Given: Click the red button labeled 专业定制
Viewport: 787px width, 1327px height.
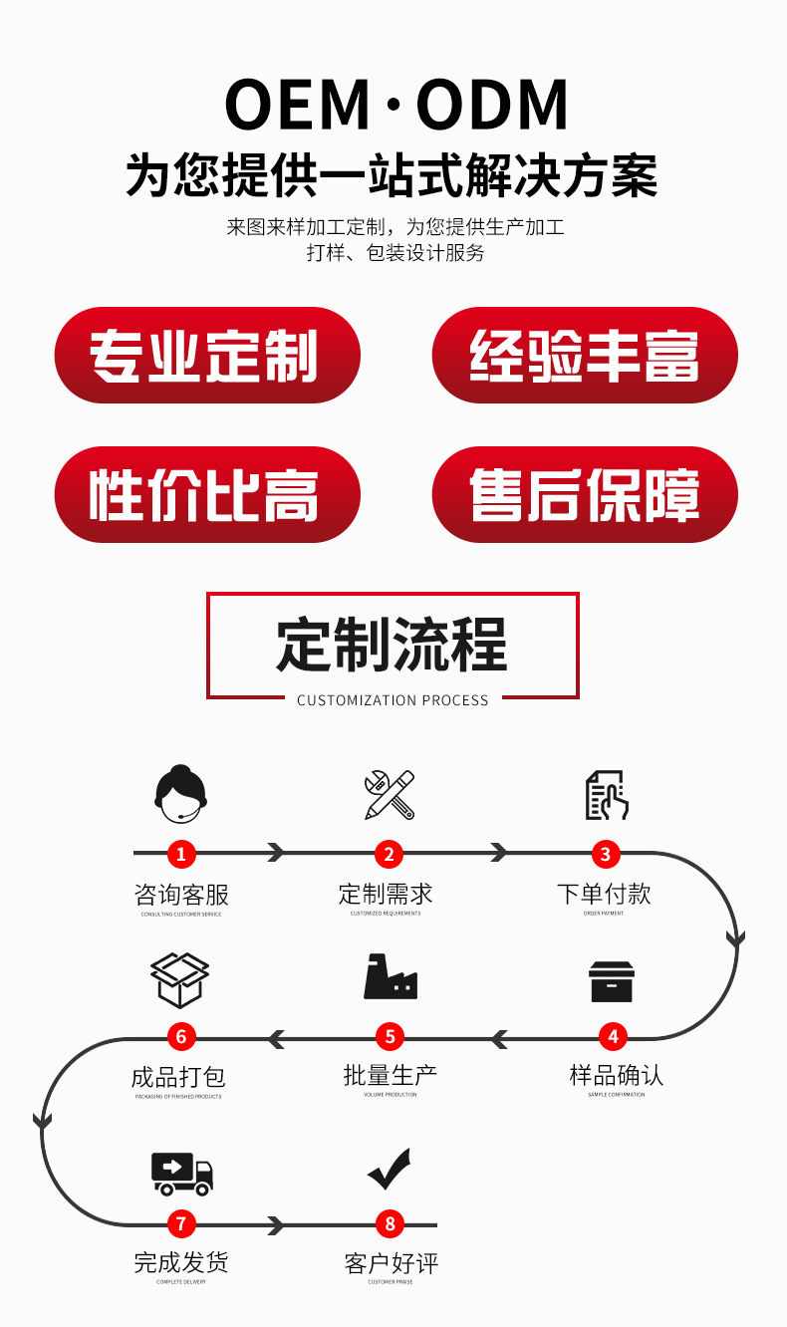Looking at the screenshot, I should click(206, 356).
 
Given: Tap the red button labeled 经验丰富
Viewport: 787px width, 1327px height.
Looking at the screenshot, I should click(585, 356).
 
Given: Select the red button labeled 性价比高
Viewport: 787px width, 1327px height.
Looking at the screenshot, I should click(206, 495).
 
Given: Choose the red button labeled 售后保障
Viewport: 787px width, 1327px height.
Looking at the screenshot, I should click(585, 495).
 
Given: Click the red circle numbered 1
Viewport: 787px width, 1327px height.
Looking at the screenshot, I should click(180, 853).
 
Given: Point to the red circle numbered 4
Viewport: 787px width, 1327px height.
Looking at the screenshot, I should click(613, 1037).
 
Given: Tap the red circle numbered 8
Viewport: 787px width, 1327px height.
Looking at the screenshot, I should click(390, 1223).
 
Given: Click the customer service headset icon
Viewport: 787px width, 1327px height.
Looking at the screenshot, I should click(180, 794).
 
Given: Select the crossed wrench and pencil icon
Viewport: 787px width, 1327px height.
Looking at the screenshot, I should click(390, 794).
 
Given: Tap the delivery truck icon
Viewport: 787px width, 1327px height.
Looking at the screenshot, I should click(182, 1173).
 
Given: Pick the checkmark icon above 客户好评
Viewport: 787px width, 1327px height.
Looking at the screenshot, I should click(390, 1169).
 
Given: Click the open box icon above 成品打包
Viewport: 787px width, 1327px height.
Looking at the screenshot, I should click(180, 979).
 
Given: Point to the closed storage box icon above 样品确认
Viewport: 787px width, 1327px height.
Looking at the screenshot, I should click(612, 981).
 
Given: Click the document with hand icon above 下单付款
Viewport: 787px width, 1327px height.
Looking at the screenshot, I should click(606, 795).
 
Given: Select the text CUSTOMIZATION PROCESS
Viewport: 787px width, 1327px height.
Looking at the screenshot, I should click(393, 700).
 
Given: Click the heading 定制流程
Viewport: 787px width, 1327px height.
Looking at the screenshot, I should click(393, 645).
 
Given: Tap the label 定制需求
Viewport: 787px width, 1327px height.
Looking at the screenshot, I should click(386, 894).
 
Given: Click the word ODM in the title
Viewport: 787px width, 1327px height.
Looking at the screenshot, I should click(492, 105).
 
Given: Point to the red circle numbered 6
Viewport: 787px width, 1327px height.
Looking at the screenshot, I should click(180, 1037).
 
